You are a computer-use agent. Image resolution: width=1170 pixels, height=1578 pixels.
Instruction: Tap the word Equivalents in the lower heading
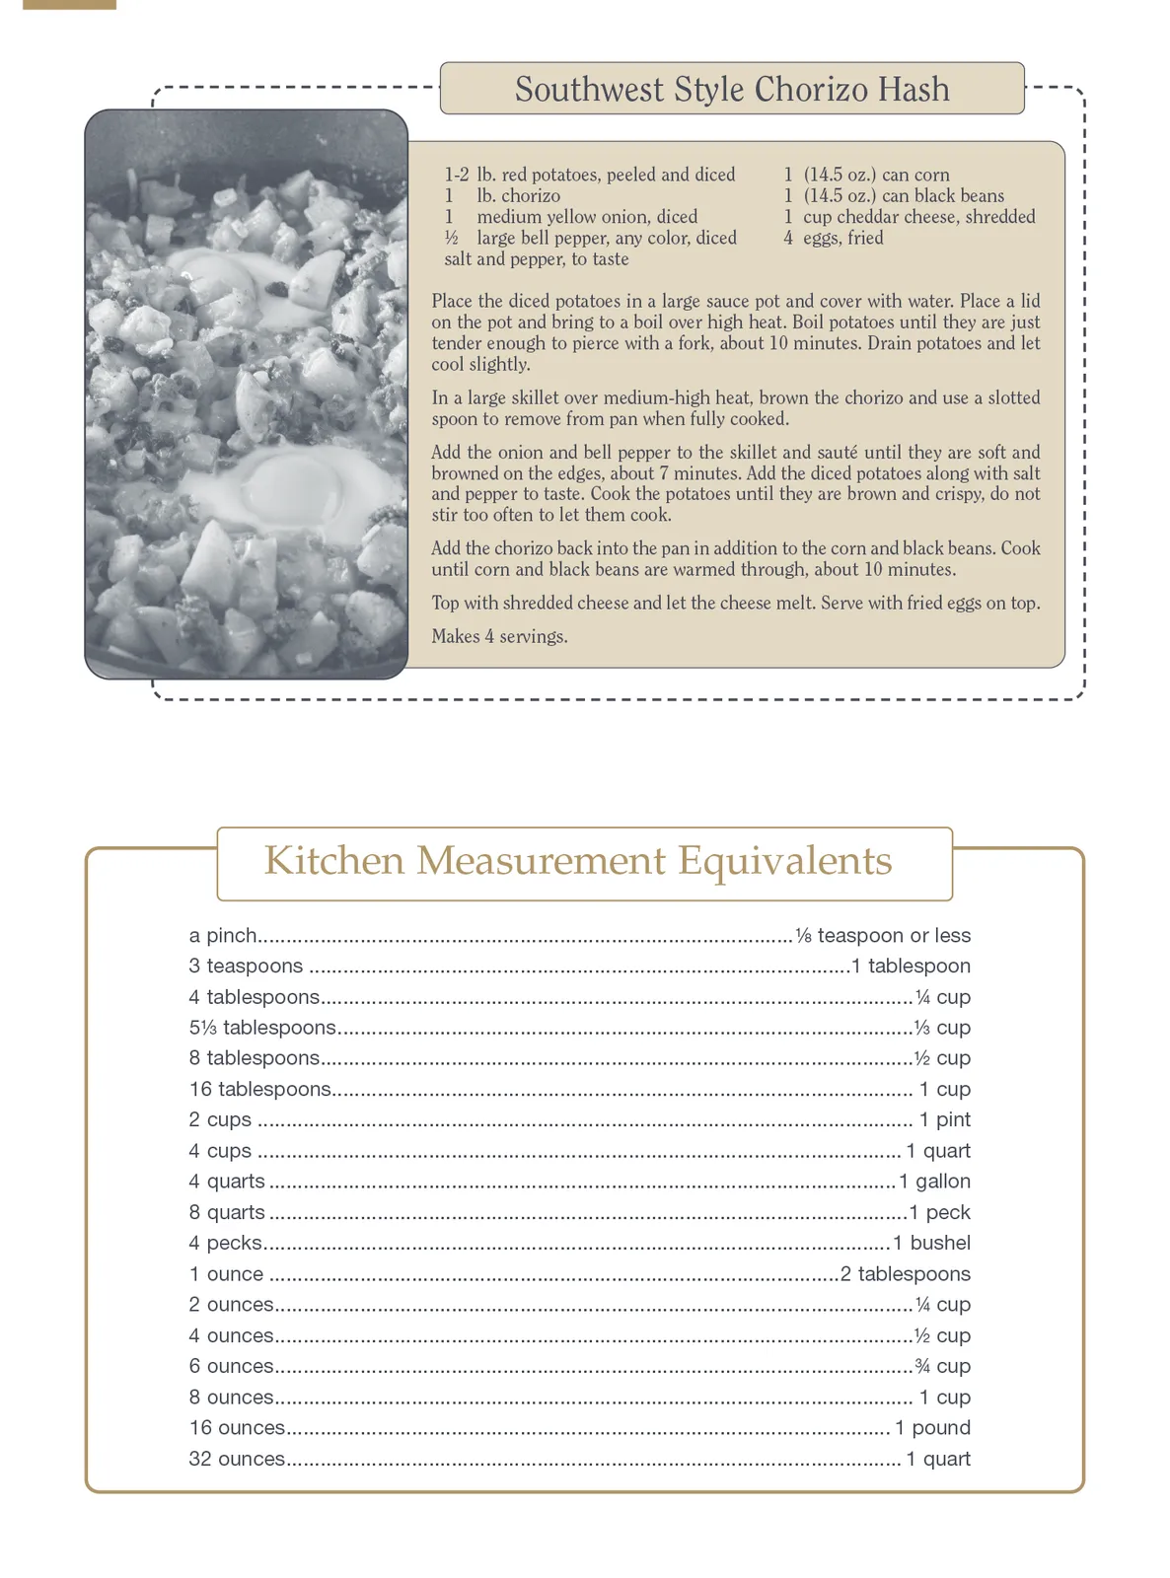(x=784, y=861)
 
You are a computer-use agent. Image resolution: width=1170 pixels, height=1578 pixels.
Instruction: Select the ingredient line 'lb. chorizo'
(x=518, y=196)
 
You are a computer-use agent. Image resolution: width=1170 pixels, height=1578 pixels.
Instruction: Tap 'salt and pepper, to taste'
(x=536, y=259)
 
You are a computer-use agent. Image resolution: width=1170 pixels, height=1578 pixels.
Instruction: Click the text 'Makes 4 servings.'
(x=499, y=637)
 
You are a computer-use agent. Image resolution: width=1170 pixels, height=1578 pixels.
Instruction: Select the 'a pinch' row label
(x=223, y=936)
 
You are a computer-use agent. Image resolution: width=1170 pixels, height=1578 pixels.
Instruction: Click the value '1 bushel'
(x=931, y=1244)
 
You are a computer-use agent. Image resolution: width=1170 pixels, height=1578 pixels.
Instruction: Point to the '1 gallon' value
(x=934, y=1182)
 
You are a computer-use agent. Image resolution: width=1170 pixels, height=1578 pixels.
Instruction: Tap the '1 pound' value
(x=932, y=1428)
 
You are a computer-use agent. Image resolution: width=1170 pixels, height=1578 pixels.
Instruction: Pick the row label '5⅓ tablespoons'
(x=262, y=1028)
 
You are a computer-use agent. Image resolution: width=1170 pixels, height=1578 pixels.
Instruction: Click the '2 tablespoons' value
(x=906, y=1274)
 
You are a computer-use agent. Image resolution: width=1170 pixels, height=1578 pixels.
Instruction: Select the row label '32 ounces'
(x=237, y=1459)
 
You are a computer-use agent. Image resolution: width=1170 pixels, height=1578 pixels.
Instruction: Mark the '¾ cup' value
(x=943, y=1367)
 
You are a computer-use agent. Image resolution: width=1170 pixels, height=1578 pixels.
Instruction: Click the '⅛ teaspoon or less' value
(x=883, y=936)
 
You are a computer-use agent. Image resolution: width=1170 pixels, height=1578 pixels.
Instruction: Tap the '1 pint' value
(x=944, y=1120)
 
